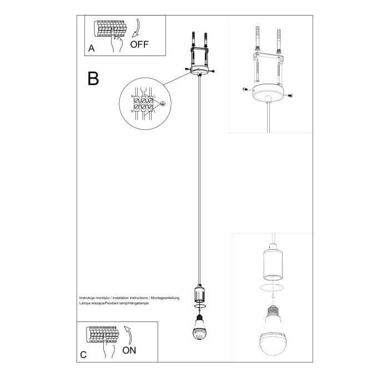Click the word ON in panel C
[x=129, y=350]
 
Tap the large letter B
[x=93, y=78]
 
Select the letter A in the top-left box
[x=92, y=48]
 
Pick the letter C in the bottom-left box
[x=83, y=354]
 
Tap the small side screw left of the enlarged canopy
[x=245, y=89]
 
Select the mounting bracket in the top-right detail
[x=268, y=58]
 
